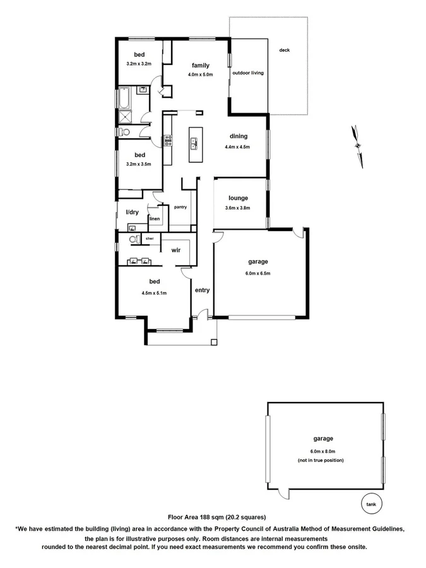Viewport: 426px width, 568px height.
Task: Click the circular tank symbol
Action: [x=370, y=504]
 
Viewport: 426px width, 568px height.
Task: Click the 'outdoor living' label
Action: [x=248, y=73]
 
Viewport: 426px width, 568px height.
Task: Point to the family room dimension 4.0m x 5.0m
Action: [x=201, y=74]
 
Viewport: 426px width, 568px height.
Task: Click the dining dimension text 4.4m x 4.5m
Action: [x=237, y=147]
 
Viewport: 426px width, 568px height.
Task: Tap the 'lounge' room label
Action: [x=238, y=198]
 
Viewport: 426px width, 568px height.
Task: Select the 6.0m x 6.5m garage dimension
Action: [x=257, y=273]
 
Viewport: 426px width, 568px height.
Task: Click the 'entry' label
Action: [x=202, y=290]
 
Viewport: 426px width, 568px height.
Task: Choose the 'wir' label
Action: [x=176, y=250]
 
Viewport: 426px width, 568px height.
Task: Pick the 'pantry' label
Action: [x=180, y=207]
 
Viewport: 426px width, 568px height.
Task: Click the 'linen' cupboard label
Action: [x=155, y=219]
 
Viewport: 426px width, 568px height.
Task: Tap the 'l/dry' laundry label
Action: [x=132, y=213]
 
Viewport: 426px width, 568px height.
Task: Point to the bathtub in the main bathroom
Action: [x=122, y=99]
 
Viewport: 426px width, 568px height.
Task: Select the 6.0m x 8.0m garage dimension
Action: [x=322, y=451]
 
